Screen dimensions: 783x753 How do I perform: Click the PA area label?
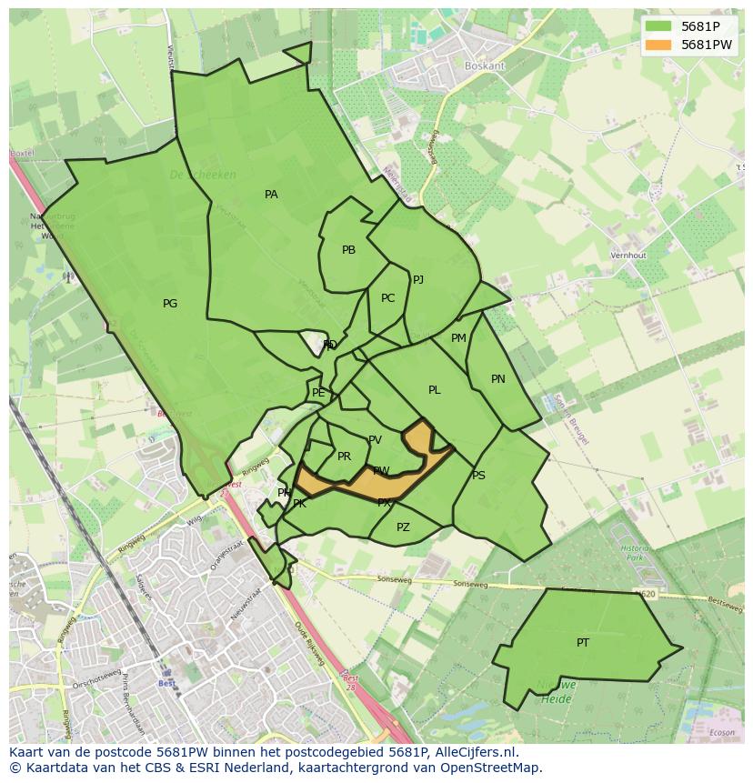coord(271,195)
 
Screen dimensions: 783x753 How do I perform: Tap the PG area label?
coord(170,304)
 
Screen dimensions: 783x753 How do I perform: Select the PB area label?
coord(348,250)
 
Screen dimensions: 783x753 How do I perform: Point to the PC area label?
coord(388,298)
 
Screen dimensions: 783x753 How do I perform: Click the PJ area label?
coord(418,280)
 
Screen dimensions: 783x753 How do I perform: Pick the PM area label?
coord(458,338)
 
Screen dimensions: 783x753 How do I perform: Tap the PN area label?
coord(498,379)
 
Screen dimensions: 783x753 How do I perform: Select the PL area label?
coord(435,390)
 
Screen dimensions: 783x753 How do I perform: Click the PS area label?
coord(478,476)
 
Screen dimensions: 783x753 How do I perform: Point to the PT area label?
coord(583,643)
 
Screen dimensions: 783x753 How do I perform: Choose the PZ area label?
coord(403,527)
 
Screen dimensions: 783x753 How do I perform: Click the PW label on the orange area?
coord(381,471)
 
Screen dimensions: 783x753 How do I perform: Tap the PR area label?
coord(344,457)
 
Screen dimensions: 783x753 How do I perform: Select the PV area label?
coord(375,440)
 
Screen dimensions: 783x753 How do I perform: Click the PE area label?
coord(318,393)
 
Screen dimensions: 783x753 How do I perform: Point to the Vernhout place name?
coord(628,256)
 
